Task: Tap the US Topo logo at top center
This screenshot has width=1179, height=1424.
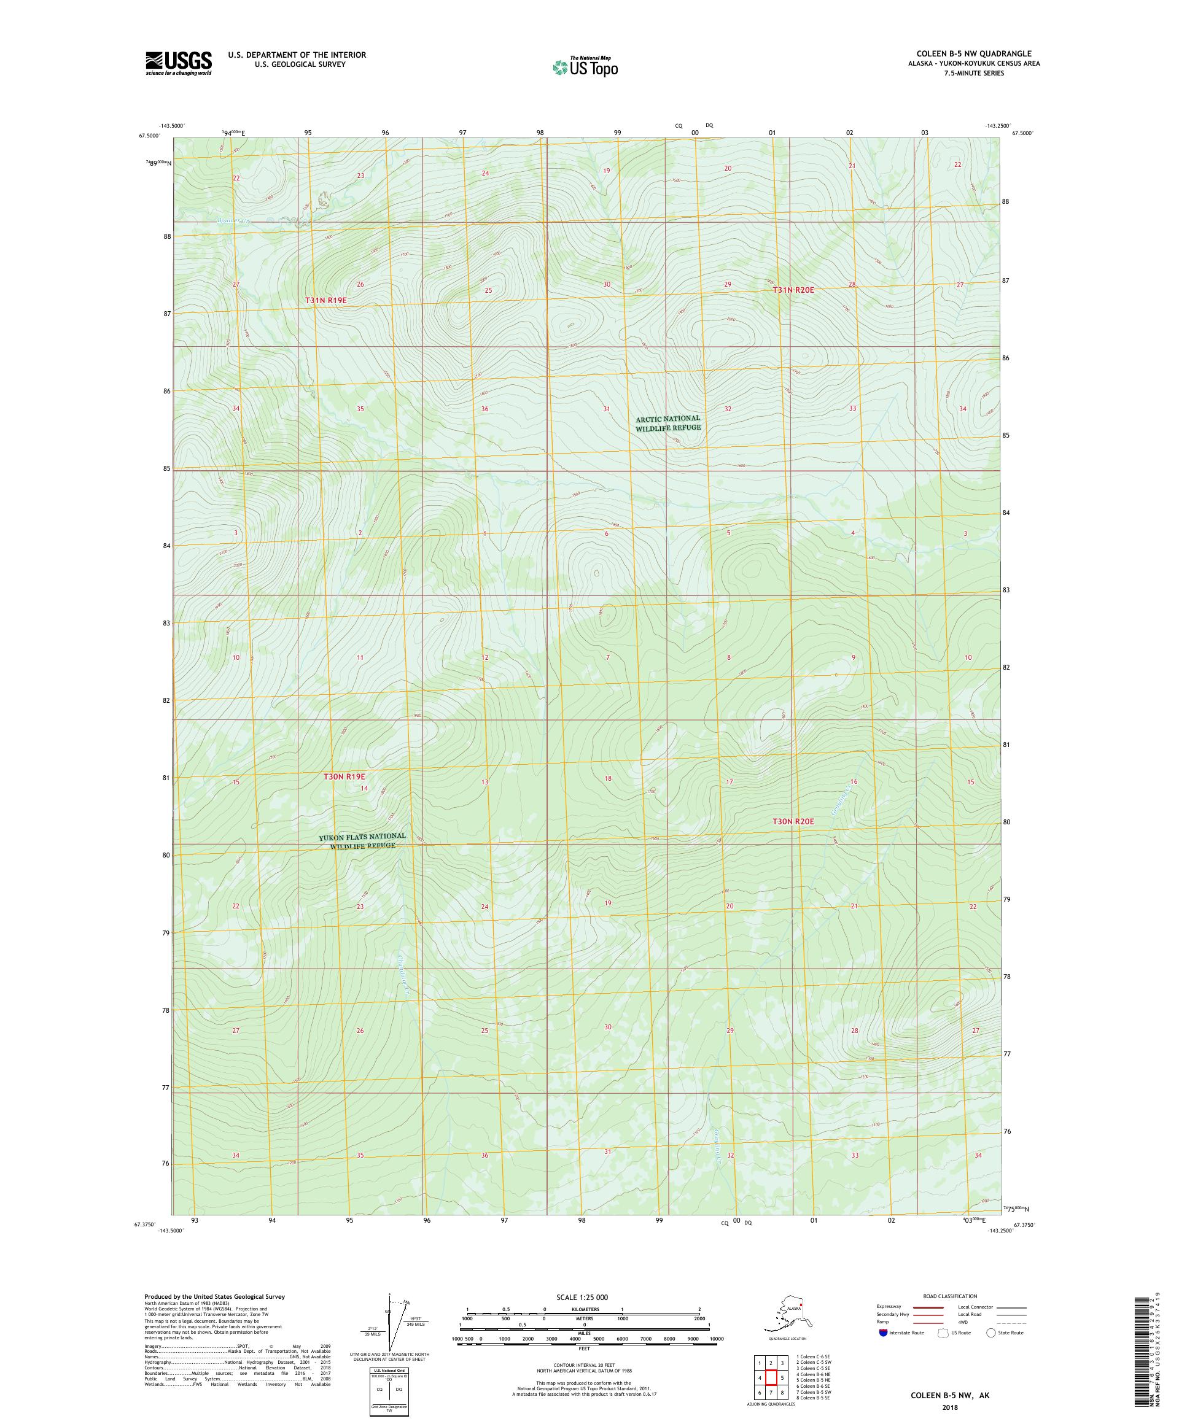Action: click(585, 67)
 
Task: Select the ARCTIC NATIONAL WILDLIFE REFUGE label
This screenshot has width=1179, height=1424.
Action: click(667, 423)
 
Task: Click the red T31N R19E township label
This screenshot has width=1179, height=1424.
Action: click(330, 299)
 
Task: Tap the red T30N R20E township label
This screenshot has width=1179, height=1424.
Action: click(793, 821)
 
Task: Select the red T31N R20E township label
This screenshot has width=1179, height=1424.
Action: click(792, 290)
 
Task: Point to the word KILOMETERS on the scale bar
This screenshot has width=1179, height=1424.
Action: click(584, 1310)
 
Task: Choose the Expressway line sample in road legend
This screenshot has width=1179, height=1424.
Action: click(926, 1307)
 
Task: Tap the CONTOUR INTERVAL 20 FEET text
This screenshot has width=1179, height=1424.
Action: click(584, 1364)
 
